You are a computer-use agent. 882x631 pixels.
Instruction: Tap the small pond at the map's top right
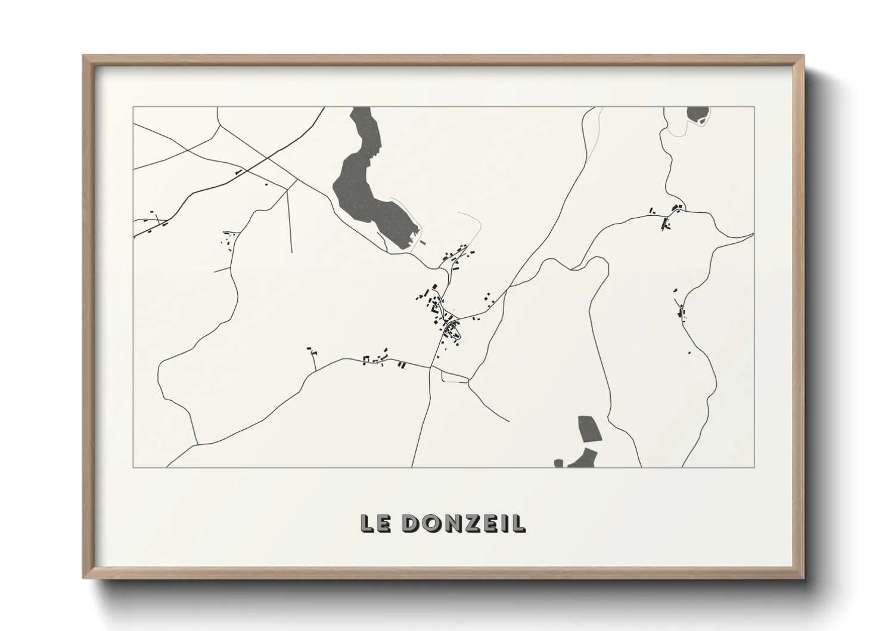pyautogui.click(x=697, y=114)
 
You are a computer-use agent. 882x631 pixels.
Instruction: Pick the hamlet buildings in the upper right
pyautogui.click(x=667, y=218)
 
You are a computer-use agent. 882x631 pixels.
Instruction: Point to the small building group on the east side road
pyautogui.click(x=681, y=310)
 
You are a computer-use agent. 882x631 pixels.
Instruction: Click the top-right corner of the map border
pyautogui.click(x=754, y=107)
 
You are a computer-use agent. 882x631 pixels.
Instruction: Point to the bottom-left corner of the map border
pyautogui.click(x=133, y=467)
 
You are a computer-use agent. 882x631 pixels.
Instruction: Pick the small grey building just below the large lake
pyautogui.click(x=423, y=243)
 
